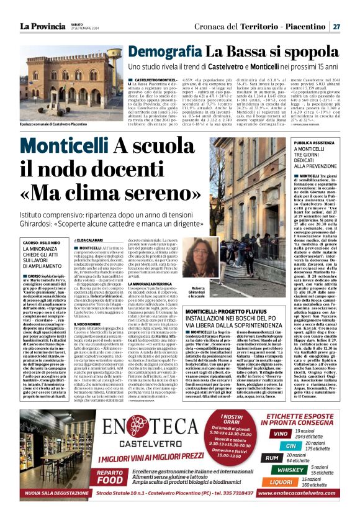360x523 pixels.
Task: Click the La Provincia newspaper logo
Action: click(x=43, y=25)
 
